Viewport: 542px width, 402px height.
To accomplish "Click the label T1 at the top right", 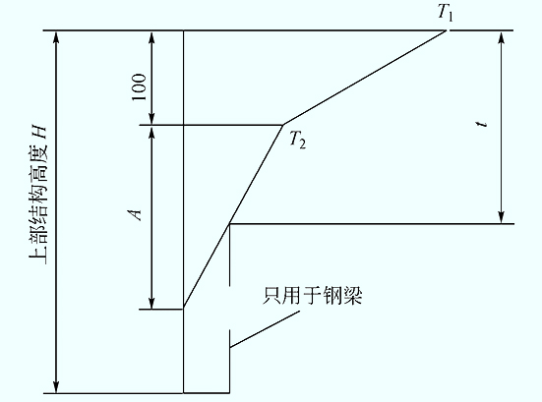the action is (446, 13).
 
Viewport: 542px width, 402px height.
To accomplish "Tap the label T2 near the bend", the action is (298, 140).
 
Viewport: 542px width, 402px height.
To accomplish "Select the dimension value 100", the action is (139, 87).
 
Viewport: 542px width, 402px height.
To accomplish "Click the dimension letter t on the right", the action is (482, 123).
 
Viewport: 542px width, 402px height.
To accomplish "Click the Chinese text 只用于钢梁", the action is (313, 296).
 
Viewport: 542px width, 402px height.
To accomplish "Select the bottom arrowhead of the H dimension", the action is (56, 388).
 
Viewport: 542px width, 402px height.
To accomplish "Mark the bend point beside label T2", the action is (283, 125).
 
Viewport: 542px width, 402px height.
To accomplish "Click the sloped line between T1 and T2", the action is (365, 78).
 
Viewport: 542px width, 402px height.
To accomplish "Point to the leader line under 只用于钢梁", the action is (265, 329).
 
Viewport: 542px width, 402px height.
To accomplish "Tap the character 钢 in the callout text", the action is (332, 296).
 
